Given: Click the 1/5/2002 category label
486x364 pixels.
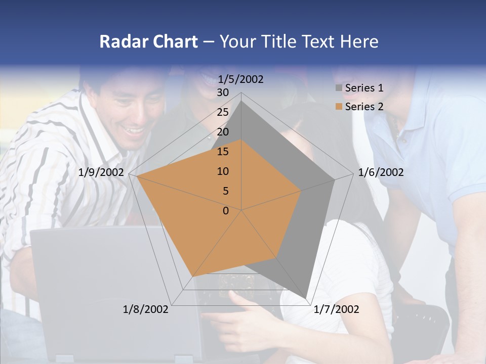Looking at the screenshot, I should point(241,79).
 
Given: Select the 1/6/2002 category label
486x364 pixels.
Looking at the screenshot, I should point(381,173).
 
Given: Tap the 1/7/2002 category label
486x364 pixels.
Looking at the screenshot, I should point(336,309).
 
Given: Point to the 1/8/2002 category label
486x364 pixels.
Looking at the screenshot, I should point(146,309).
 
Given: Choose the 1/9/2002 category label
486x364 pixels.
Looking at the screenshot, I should point(101,173).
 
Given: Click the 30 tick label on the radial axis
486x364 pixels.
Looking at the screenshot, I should point(223,93).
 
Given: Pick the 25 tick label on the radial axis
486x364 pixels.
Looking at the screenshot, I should point(223,112).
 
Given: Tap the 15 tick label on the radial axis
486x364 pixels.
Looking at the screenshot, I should point(223,152).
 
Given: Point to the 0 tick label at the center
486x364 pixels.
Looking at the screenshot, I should point(226,211).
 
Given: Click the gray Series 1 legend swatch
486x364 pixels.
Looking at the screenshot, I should point(339,88).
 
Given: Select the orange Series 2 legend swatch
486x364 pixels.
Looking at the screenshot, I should point(339,107).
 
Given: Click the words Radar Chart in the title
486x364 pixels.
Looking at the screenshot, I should point(148,41).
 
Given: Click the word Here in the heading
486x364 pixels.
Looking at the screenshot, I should point(359,41).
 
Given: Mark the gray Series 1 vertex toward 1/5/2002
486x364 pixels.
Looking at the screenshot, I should point(241,101).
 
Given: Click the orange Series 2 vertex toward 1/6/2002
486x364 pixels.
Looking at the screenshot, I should point(301,191).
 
